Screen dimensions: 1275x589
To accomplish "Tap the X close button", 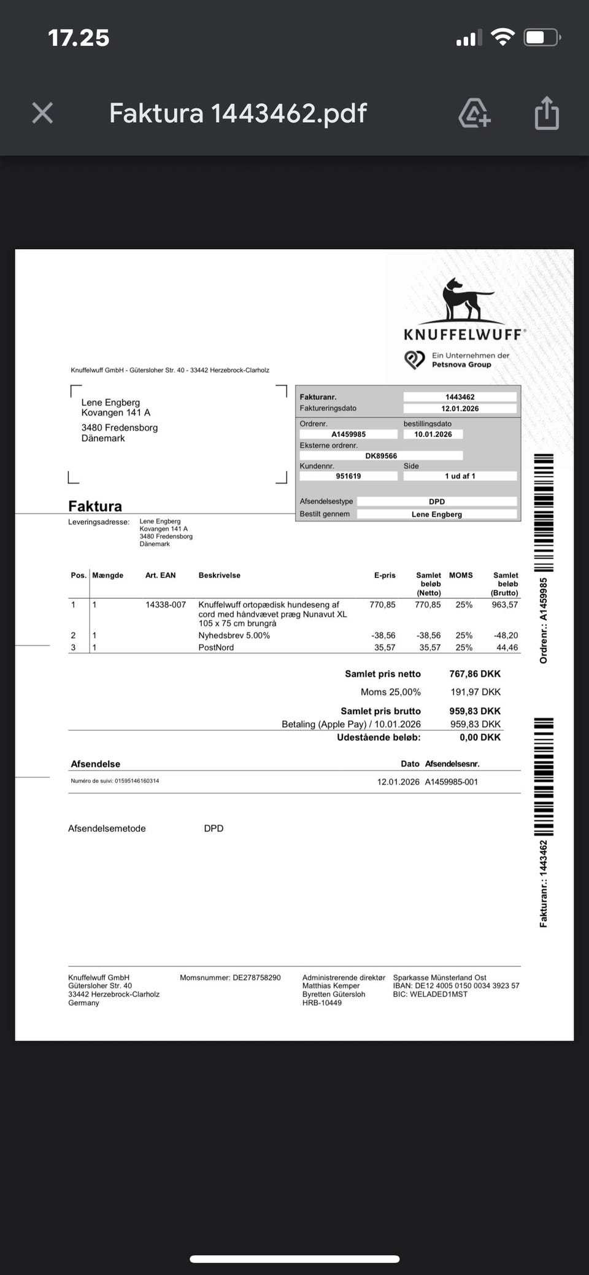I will pos(42,113).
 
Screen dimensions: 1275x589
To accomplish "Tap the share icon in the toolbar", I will pos(546,114).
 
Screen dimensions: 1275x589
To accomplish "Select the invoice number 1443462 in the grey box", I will pos(460,397).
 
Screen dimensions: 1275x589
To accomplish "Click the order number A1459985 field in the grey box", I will pos(348,434).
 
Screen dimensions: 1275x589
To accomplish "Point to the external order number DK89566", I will pos(381,456).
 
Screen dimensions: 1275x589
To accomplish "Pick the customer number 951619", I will pos(348,476).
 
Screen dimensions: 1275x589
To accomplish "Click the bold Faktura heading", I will pos(95,506).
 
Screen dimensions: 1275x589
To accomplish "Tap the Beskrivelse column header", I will pos(219,576).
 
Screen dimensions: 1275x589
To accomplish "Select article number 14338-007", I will pos(166,605).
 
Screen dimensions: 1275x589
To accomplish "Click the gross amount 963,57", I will pos(505,605).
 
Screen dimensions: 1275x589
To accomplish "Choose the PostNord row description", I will pos(216,647).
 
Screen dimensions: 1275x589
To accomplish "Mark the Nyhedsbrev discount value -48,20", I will pos(506,636).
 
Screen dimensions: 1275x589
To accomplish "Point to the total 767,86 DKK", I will pos(475,674).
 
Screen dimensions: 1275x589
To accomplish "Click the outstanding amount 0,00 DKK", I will pos(480,738).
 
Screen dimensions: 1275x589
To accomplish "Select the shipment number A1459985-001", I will pos(451,782).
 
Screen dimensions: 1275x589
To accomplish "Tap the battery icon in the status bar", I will pos(541,38).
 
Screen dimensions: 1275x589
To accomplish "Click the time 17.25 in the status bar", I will pos(79,38).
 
